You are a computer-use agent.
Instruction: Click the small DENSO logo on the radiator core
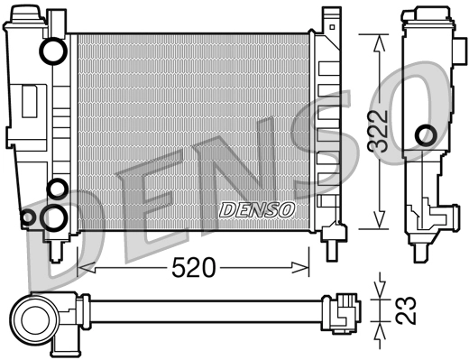coord(258,209)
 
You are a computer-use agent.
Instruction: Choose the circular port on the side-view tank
coord(425,136)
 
